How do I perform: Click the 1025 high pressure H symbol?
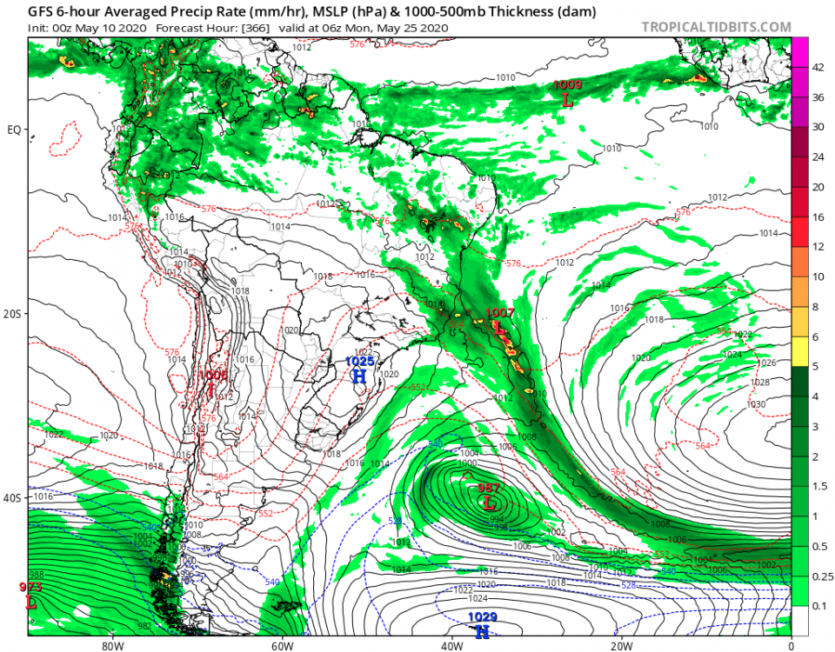[359, 376]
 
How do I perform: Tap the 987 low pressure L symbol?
[489, 503]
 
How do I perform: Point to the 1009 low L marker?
[568, 100]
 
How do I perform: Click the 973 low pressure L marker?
[31, 602]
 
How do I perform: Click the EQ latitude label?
[14, 130]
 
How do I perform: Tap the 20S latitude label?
[14, 315]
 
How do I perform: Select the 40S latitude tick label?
[14, 499]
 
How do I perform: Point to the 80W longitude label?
[110, 646]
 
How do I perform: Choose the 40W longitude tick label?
[451, 646]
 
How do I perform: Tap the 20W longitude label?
[620, 646]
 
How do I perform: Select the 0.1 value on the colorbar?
[818, 605]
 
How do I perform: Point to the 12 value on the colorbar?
[818, 247]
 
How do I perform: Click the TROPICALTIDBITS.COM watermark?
[717, 27]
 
